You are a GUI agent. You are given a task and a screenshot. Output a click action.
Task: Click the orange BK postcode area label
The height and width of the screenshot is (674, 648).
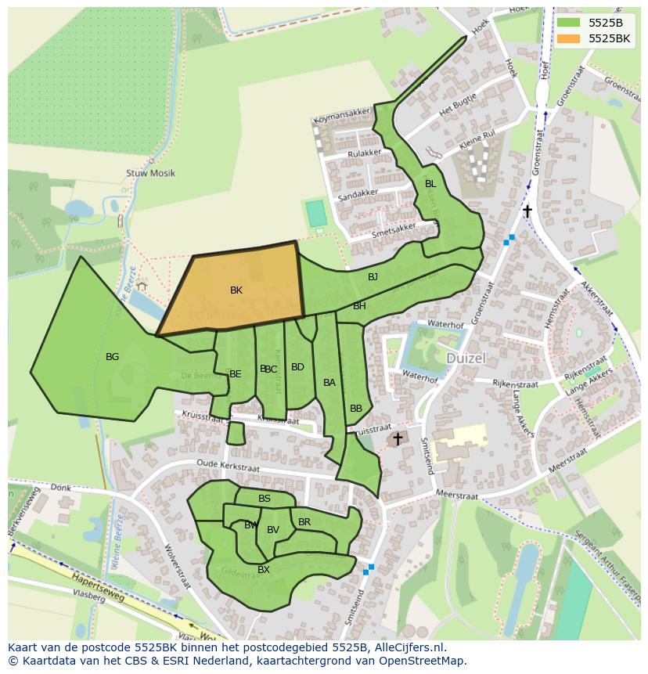pos(236,290)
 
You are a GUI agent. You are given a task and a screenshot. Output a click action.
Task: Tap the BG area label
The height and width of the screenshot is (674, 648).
pos(112,357)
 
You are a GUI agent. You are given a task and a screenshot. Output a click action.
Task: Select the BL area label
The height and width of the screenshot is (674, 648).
pos(430,184)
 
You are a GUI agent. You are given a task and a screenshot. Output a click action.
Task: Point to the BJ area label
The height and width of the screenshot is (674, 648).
pos(373,277)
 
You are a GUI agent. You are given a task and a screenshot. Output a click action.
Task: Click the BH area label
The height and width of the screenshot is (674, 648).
pos(359,306)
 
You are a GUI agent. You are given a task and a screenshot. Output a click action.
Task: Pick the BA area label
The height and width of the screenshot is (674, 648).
pos(329,383)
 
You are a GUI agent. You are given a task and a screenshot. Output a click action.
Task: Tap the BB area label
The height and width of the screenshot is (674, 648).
pos(356,409)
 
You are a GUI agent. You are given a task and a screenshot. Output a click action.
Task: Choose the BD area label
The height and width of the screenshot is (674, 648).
pos(297,367)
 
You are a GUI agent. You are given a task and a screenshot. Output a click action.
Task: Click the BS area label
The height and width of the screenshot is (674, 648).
pos(265,499)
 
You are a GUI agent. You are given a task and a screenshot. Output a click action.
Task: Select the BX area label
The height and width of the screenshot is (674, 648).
pos(264,570)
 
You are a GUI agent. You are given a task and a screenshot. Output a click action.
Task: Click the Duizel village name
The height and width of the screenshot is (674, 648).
pos(466,358)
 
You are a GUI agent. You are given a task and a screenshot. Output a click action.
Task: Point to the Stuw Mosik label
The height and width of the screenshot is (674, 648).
pos(150,173)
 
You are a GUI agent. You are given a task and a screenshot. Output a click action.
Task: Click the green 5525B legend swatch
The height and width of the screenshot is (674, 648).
pos(569,22)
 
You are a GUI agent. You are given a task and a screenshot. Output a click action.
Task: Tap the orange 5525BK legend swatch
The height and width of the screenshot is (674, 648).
pos(569,38)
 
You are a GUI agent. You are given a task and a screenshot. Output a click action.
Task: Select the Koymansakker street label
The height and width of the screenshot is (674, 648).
pos(340,121)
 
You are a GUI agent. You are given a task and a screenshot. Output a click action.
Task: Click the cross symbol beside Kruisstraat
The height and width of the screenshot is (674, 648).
pos(398,439)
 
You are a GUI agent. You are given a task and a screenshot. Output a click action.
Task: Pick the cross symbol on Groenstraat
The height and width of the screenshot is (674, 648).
pos(527,211)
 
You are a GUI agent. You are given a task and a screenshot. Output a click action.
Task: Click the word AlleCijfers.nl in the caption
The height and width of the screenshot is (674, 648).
pos(407,647)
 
